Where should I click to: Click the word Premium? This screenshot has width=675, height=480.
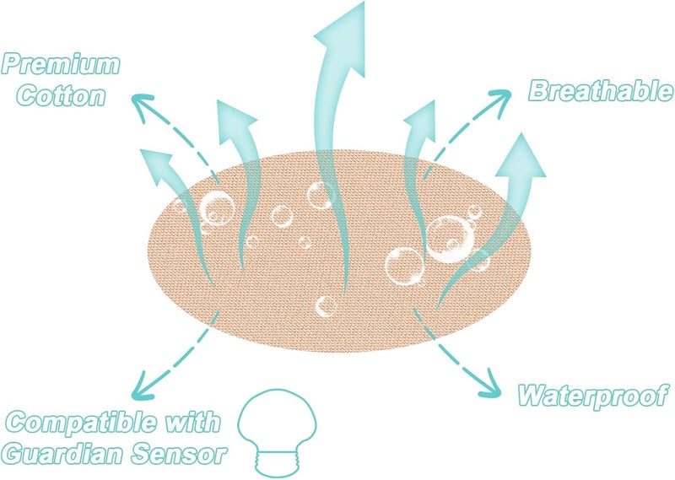tap(60, 65)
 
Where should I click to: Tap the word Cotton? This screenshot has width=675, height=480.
tap(61, 95)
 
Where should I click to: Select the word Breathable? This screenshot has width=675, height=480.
tap(601, 91)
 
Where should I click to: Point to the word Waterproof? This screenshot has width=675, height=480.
tap(593, 395)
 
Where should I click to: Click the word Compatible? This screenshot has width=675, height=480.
tap(81, 422)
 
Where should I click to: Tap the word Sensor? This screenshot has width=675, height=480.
tap(179, 453)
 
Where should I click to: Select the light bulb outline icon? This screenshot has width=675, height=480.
tap(277, 431)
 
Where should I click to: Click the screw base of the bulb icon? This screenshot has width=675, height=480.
tap(277, 463)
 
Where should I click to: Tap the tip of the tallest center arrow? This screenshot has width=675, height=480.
tap(364, 3)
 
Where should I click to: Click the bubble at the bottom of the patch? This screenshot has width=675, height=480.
tap(326, 307)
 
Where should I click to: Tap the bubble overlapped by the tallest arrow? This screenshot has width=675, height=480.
tap(321, 195)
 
